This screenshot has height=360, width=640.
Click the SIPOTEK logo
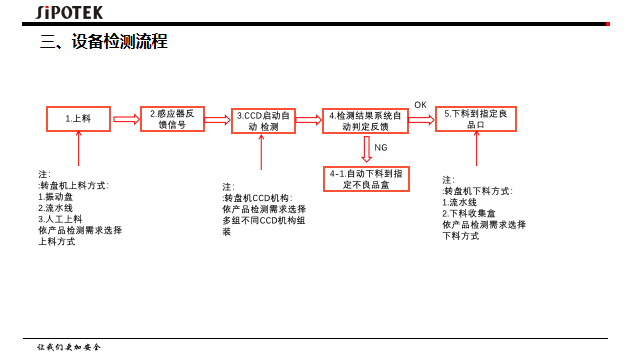tap(70, 12)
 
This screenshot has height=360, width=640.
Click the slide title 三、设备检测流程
tap(103, 42)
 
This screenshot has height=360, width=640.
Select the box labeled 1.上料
tap(78, 119)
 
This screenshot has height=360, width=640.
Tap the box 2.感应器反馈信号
tap(173, 119)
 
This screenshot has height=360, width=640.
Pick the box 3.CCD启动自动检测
tap(263, 121)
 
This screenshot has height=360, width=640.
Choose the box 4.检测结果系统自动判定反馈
tap(365, 121)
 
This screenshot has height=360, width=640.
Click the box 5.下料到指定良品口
tap(475, 119)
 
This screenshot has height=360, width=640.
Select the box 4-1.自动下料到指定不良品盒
tap(366, 179)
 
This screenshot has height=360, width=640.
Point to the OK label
tap(420, 105)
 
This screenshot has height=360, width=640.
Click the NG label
tap(380, 148)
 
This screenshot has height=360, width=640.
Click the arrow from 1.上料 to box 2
tap(126, 119)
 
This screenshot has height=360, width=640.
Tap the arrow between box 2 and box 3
tap(217, 120)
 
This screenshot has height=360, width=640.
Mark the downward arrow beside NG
tap(366, 149)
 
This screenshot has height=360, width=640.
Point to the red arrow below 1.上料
tap(78, 149)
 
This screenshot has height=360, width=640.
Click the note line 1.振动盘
tap(56, 196)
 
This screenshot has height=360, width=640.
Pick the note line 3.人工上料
tap(61, 219)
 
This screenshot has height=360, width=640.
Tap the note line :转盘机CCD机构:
tap(257, 198)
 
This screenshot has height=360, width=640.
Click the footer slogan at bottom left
tap(69, 347)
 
